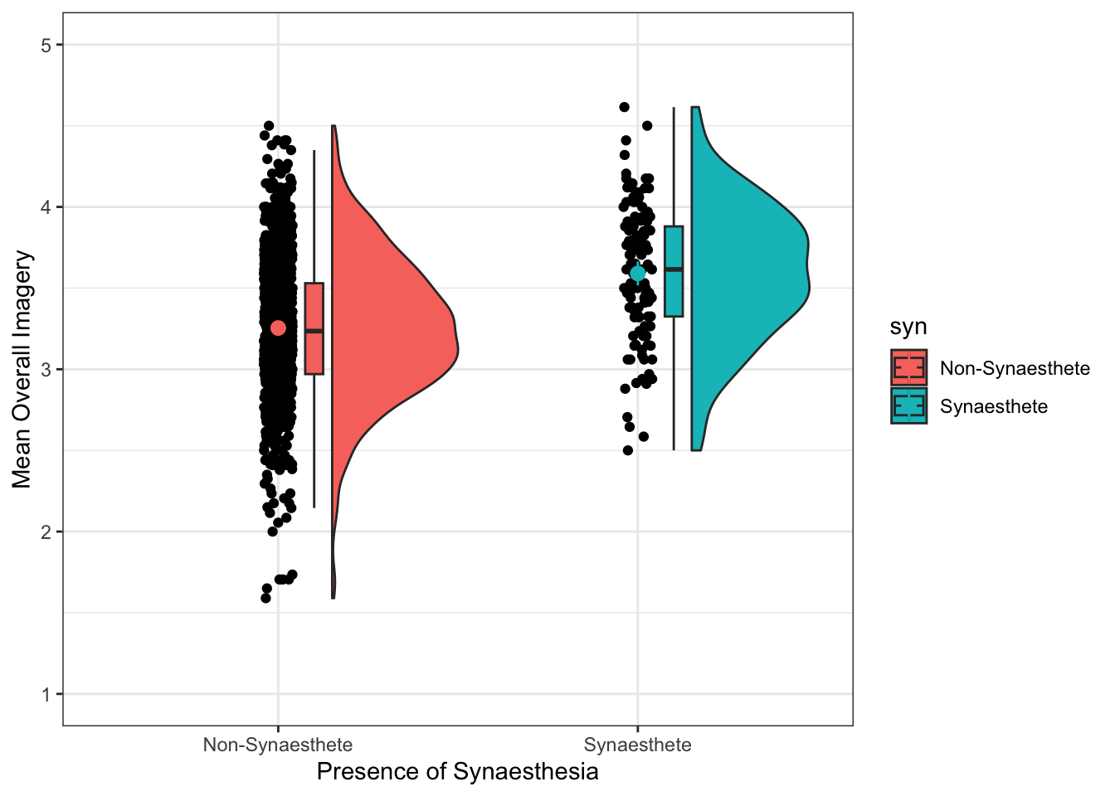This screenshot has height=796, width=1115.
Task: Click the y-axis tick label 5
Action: (x=46, y=45)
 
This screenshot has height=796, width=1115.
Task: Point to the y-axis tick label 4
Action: (x=46, y=207)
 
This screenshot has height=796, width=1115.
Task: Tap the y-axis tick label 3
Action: (x=46, y=370)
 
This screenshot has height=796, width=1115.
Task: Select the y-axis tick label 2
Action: (x=46, y=532)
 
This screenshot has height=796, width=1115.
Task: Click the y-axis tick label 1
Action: (x=46, y=695)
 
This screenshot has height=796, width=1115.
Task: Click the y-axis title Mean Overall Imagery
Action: (x=22, y=370)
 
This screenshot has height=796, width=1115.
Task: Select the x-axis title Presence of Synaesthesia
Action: (x=457, y=772)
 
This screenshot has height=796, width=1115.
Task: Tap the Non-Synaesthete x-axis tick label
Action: (x=277, y=745)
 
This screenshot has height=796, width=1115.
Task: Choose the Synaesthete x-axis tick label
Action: (x=637, y=745)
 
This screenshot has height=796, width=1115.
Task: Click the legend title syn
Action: (x=908, y=327)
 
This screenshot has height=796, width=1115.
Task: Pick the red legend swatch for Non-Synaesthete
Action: (x=908, y=367)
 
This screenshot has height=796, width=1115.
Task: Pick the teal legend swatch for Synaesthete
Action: (x=908, y=405)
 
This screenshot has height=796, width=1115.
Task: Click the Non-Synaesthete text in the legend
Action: (x=1015, y=368)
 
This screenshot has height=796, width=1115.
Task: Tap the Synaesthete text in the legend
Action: (x=993, y=406)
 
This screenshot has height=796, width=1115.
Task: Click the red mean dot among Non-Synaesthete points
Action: (x=278, y=328)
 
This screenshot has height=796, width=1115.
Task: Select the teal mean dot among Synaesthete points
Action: (x=637, y=274)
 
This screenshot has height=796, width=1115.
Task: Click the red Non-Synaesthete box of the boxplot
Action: (x=314, y=328)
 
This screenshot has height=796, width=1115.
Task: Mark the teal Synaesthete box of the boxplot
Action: (x=674, y=271)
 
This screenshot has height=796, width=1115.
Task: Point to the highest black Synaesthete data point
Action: (x=624, y=107)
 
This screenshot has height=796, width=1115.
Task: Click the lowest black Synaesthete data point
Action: (x=627, y=450)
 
